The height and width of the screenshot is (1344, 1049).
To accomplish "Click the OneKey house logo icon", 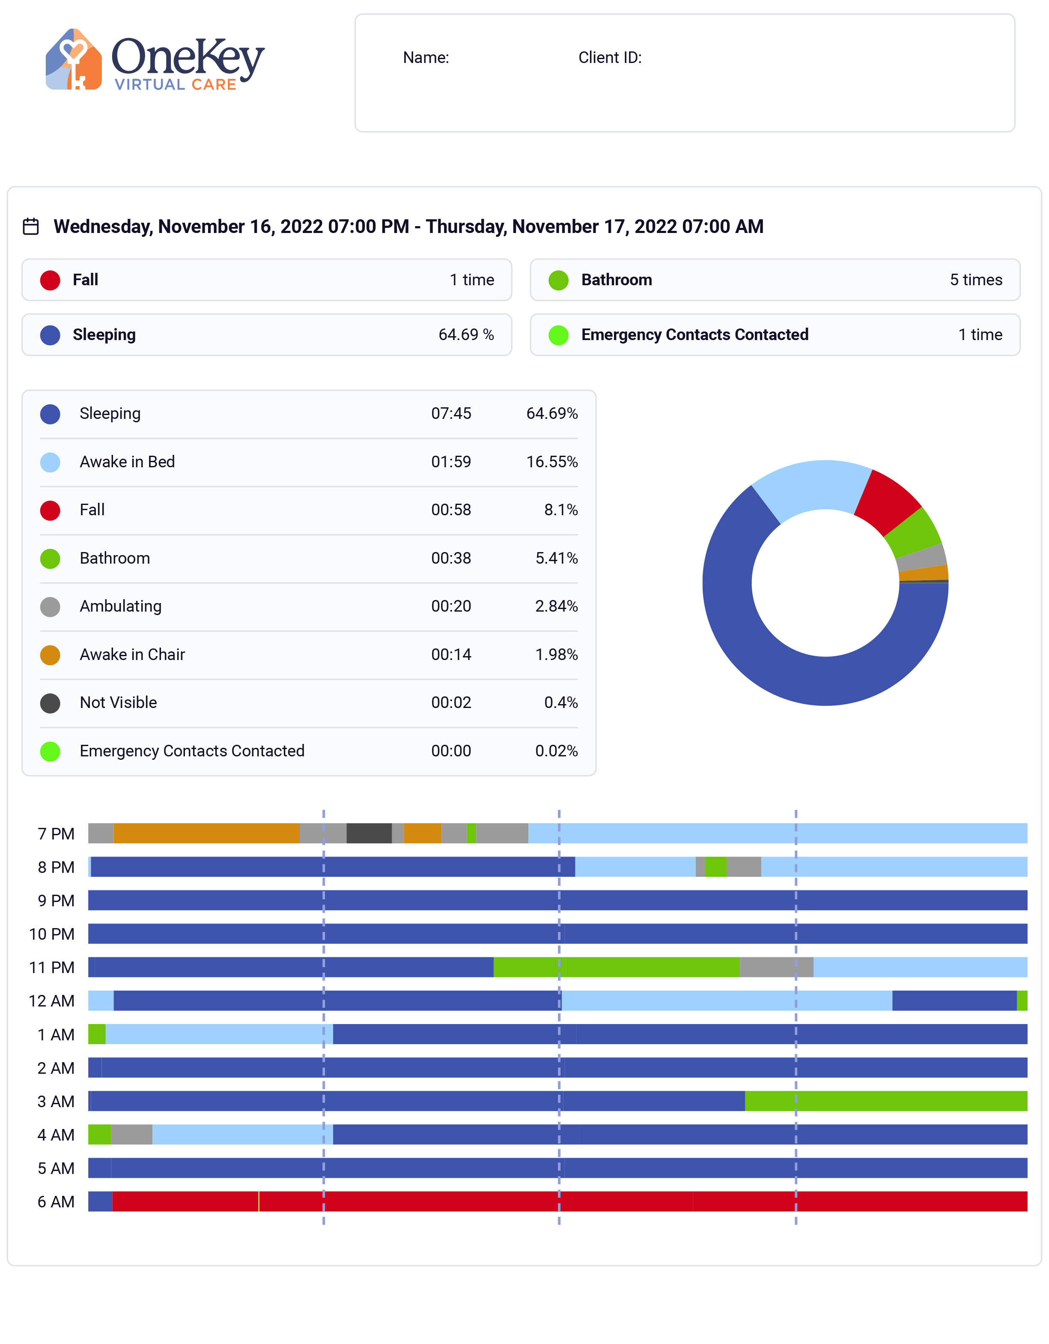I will pyautogui.click(x=73, y=59).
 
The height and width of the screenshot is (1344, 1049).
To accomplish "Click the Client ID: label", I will pyautogui.click(x=609, y=58).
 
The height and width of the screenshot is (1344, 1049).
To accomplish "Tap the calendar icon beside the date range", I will pyautogui.click(x=31, y=227).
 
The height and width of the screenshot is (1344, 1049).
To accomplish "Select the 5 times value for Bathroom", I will pyautogui.click(x=975, y=280).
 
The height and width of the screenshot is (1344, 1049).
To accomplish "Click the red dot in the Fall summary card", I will pyautogui.click(x=50, y=280).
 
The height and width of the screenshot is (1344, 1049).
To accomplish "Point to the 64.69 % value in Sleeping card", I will pyautogui.click(x=466, y=335).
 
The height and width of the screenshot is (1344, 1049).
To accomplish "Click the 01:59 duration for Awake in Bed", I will pyautogui.click(x=450, y=462).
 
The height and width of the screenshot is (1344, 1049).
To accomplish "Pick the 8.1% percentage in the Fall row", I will pyautogui.click(x=560, y=510).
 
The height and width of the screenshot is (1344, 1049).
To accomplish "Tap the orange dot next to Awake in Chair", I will pyautogui.click(x=50, y=655).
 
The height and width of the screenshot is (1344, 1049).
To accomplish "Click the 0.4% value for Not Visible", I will pyautogui.click(x=560, y=703).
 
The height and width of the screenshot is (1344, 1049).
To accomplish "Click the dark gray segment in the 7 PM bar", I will pyautogui.click(x=369, y=833).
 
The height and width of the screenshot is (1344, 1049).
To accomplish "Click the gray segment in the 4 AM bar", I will pyautogui.click(x=131, y=1134).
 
